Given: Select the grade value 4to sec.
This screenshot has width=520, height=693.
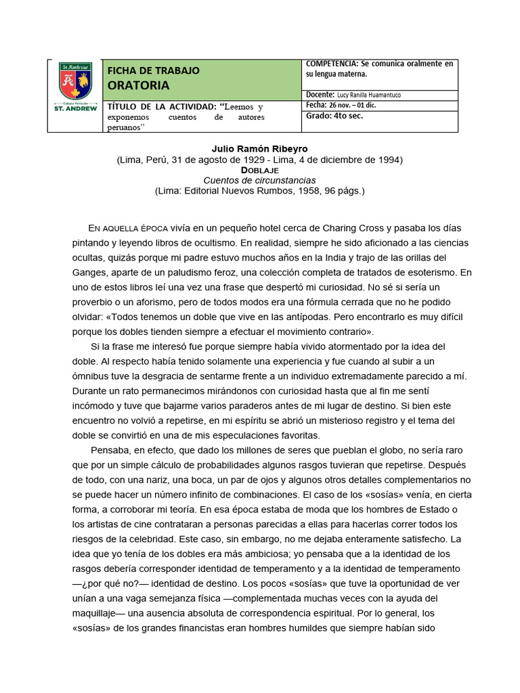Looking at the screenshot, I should (x=347, y=116).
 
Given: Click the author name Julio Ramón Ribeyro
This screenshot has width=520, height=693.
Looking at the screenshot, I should (x=259, y=149).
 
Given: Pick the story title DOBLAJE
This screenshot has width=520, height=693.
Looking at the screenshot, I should (x=259, y=170).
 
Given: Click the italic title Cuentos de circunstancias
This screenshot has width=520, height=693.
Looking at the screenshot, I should (x=259, y=180).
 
